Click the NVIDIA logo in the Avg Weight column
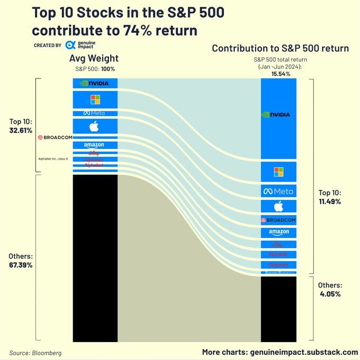(x=95, y=83)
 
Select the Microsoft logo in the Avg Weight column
(x=95, y=99)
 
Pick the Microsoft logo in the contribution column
(x=278, y=172)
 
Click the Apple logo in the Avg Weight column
(x=94, y=126)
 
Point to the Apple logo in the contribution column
(x=278, y=206)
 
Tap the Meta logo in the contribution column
(x=278, y=191)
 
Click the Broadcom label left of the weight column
(x=55, y=137)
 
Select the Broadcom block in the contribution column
(x=278, y=220)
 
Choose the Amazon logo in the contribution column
(x=278, y=232)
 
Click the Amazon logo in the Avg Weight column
(x=94, y=145)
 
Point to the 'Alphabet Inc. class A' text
(x=53, y=158)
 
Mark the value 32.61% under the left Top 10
(x=21, y=130)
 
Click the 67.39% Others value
(x=21, y=265)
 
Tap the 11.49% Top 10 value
(x=330, y=202)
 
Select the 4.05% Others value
(x=330, y=294)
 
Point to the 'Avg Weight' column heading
(x=94, y=58)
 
